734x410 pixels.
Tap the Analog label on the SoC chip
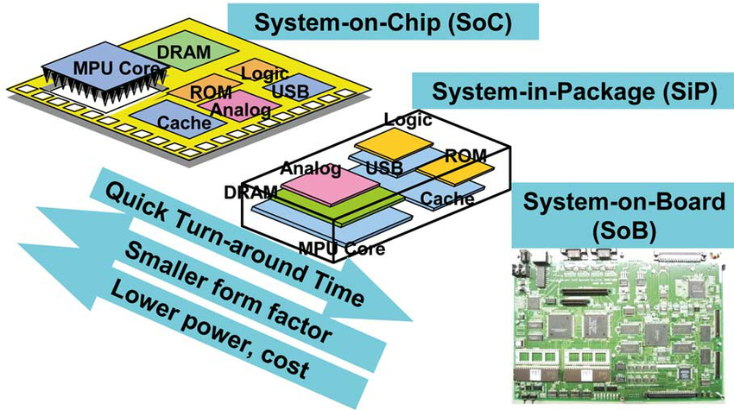tap(239, 110)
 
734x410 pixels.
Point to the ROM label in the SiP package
tap(466, 155)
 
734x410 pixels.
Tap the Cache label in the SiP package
tap(447, 199)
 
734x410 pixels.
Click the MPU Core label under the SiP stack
tap(341, 249)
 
